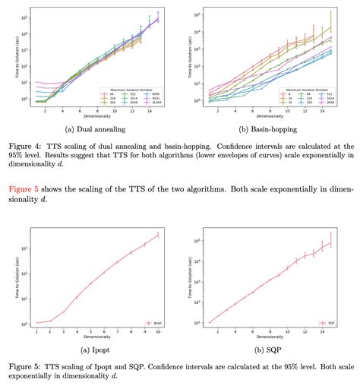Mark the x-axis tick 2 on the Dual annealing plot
click(x=45, y=110)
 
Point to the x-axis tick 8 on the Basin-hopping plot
click(x=268, y=110)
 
